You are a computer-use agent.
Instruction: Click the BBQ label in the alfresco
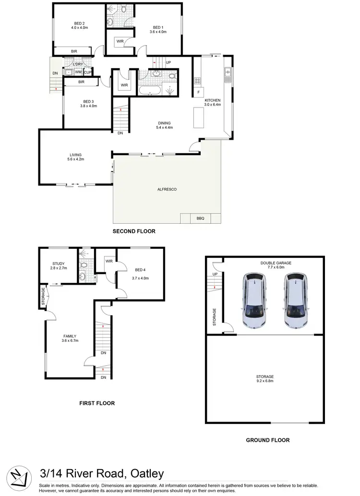coord(200,218)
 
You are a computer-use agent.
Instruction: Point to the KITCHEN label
coord(212,100)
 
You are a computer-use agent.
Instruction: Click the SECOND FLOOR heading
coord(134,231)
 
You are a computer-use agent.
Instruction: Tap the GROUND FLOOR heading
coord(267,440)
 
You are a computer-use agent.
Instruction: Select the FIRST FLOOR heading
coord(97,403)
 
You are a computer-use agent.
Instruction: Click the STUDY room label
coord(59,263)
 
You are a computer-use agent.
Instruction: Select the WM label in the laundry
coord(78,73)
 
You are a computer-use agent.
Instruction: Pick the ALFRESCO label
coord(167,190)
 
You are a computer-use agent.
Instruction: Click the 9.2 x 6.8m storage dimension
coord(264,380)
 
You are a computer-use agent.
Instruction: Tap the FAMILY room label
coord(70,336)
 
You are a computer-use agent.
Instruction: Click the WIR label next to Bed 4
coord(109,261)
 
